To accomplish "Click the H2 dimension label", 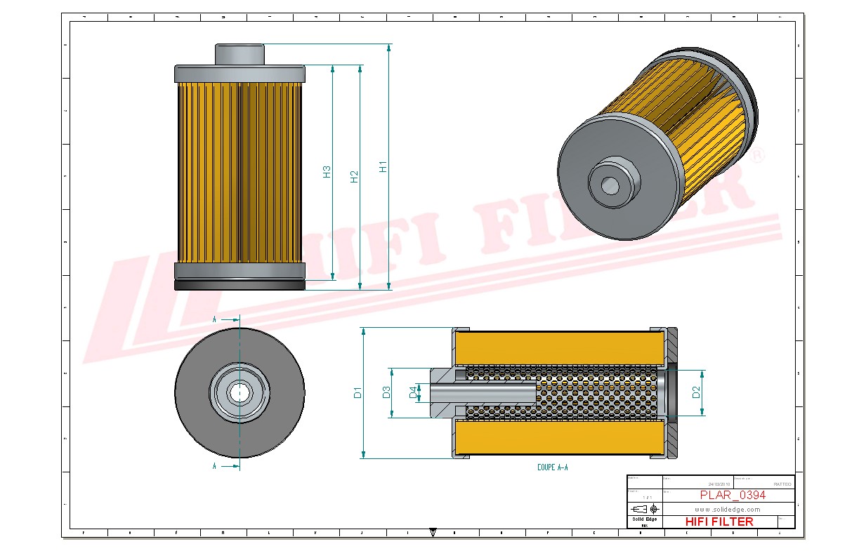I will tap(354, 176).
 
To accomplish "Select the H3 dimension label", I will tap(327, 171).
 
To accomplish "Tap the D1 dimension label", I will tap(357, 392).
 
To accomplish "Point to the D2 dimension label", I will tap(696, 392).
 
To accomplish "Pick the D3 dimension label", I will tap(386, 392).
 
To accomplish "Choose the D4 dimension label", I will tap(413, 393).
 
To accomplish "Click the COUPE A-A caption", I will tap(552, 467).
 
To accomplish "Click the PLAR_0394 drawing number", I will tap(733, 495).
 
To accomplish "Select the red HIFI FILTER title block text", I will tap(719, 522).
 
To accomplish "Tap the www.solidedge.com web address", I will tap(728, 509).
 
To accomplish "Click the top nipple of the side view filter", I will tap(240, 53).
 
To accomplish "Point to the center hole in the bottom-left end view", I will tap(240, 393).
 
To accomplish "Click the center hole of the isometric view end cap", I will tap(610, 185).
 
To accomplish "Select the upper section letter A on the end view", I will tap(214, 319).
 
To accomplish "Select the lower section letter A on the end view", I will tap(214, 465).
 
